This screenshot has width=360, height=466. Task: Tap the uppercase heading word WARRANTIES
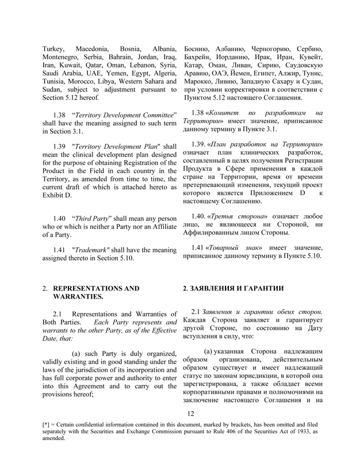(78, 297)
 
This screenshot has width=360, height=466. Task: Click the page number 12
(191, 429)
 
